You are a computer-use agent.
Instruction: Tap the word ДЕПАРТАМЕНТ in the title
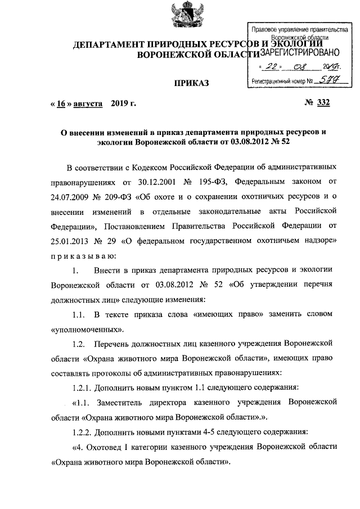click(x=105, y=44)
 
